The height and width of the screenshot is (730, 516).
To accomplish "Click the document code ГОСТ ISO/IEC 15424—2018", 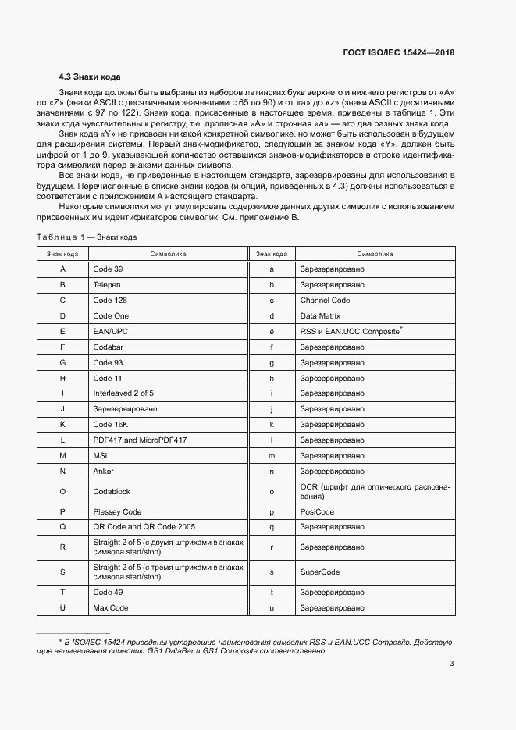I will (x=398, y=53).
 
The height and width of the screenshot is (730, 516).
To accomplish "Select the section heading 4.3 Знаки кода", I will (x=90, y=77).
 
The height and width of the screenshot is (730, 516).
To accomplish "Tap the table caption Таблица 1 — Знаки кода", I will (x=88, y=237).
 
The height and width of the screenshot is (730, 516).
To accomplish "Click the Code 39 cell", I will (x=108, y=269).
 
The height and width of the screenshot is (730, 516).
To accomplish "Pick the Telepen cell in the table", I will (x=107, y=284).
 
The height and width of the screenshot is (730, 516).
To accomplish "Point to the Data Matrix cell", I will (x=320, y=315).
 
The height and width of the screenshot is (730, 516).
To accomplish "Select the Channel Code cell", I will (x=325, y=300).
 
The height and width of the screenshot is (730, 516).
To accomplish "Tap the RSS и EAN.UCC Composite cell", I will (x=351, y=331).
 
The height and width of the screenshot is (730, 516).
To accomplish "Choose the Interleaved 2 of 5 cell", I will (x=123, y=393).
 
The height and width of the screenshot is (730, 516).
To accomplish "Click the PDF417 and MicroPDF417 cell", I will (x=140, y=440).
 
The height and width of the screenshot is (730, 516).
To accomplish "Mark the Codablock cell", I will (x=111, y=491).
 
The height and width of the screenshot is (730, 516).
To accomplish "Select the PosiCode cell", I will (x=317, y=511).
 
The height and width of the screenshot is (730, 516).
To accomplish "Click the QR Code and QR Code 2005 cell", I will (x=144, y=527).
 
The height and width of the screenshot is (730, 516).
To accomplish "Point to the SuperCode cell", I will (x=321, y=572).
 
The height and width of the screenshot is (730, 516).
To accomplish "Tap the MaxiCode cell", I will (x=110, y=607).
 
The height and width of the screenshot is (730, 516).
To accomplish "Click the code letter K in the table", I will (x=62, y=424).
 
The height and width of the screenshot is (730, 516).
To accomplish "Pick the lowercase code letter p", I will (x=272, y=511).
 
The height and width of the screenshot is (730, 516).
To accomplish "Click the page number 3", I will (x=452, y=664).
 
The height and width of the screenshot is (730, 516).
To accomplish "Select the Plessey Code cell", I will (x=117, y=511).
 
